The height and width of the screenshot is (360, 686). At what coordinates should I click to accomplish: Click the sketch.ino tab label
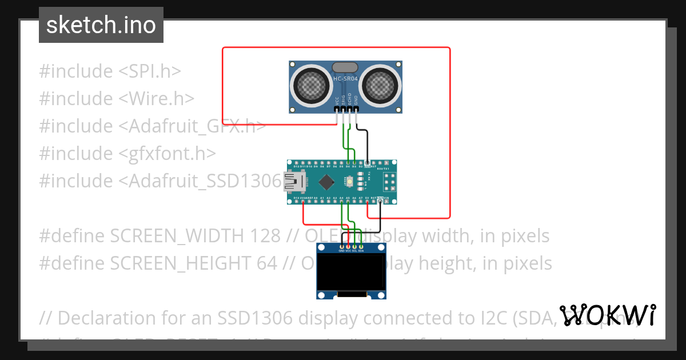(101, 25)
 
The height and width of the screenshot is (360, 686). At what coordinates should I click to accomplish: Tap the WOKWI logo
(608, 315)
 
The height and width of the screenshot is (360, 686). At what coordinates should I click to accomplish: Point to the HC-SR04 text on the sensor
(346, 78)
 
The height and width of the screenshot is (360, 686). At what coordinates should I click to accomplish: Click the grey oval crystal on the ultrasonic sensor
(346, 68)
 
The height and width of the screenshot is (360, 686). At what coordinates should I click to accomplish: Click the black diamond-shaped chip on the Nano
(326, 182)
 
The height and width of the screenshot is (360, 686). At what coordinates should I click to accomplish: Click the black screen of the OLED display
(351, 272)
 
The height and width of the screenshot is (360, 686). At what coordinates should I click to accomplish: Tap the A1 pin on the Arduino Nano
(322, 198)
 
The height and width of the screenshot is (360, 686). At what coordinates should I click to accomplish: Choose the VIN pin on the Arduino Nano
(387, 198)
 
